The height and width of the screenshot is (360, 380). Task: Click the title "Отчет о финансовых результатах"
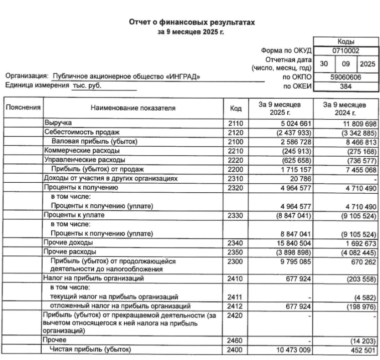click(x=193, y=23)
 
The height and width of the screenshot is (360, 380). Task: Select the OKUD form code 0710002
click(x=345, y=51)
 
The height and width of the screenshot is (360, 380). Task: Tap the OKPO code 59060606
click(x=345, y=77)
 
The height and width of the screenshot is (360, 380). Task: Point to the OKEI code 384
click(x=345, y=86)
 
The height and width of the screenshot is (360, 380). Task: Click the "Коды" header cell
click(x=345, y=42)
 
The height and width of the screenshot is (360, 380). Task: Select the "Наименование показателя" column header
click(x=133, y=108)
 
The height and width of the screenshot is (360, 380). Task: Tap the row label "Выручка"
click(x=58, y=123)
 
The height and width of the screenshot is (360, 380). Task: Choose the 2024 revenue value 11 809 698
click(x=354, y=123)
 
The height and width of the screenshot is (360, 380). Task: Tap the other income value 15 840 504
click(x=284, y=243)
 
